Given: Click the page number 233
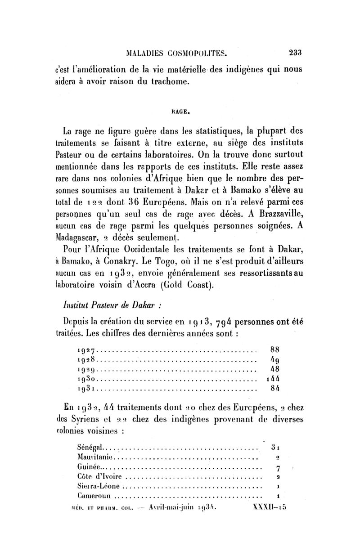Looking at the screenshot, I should pos(295,52).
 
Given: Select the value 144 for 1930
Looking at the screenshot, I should pos(274,378).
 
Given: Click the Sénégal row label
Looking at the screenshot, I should pos(90,448).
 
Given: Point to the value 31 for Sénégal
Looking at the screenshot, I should pos(276,448).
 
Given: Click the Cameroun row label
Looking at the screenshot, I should pos(94,497).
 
